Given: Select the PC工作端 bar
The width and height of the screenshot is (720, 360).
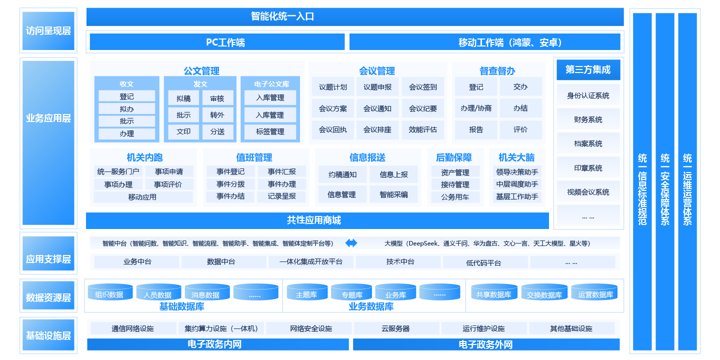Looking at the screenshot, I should pyautogui.click(x=217, y=42).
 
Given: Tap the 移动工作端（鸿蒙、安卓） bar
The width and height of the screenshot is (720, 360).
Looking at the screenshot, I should pyautogui.click(x=484, y=42).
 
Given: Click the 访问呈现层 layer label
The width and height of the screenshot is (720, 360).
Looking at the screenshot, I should pyautogui.click(x=48, y=30).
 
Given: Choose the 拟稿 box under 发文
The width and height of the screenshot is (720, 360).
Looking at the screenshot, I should pyautogui.click(x=183, y=99).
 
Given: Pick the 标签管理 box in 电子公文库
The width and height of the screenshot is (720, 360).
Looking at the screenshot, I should pyautogui.click(x=270, y=131).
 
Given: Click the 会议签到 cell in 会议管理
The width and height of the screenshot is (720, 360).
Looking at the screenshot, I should pyautogui.click(x=422, y=87).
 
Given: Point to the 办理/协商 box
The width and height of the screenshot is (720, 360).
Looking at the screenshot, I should pyautogui.click(x=476, y=108).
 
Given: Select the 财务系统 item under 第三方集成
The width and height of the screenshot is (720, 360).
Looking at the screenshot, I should pyautogui.click(x=588, y=119).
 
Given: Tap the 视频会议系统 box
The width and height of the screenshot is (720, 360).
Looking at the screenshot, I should pyautogui.click(x=588, y=192).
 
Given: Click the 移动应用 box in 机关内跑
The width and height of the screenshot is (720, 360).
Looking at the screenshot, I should pyautogui.click(x=143, y=197).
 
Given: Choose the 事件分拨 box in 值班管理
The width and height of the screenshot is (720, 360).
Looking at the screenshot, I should pyautogui.click(x=230, y=184).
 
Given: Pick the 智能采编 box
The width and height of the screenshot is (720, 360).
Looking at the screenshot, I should pyautogui.click(x=394, y=194).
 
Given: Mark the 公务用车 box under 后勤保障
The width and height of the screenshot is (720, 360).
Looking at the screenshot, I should pyautogui.click(x=455, y=197).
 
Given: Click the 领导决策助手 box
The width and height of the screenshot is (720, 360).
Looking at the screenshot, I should pyautogui.click(x=517, y=172).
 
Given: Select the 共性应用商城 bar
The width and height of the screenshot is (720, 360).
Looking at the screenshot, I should pyautogui.click(x=317, y=220).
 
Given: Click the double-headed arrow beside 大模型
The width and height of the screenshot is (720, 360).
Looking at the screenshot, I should pyautogui.click(x=351, y=243).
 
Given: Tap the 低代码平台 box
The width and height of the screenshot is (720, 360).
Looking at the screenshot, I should pyautogui.click(x=483, y=262).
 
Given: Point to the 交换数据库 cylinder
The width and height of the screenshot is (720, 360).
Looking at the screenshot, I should pyautogui.click(x=544, y=294).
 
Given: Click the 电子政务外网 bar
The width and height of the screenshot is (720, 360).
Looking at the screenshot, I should pyautogui.click(x=486, y=344).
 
